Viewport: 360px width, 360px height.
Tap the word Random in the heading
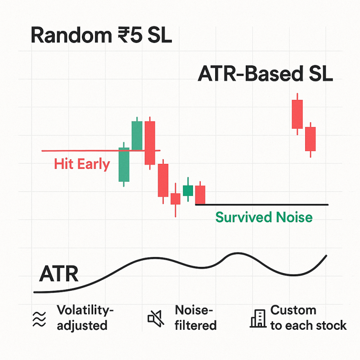(x=72, y=35)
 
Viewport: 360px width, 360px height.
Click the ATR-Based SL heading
(x=265, y=74)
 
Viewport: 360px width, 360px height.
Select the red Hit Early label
(x=82, y=164)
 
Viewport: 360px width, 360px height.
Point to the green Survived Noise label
(x=264, y=217)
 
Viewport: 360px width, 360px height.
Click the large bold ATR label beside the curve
(x=59, y=274)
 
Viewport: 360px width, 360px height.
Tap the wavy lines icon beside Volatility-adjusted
(x=39, y=319)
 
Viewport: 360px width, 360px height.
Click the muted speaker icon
(x=156, y=318)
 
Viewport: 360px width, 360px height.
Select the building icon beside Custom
(x=258, y=318)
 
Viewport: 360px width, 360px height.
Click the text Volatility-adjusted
(x=85, y=318)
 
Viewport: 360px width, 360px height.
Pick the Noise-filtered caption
(x=196, y=318)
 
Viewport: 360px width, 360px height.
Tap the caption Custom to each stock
(x=308, y=318)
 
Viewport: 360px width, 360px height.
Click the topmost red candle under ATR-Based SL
(x=297, y=114)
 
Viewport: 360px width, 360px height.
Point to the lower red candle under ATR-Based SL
(x=310, y=139)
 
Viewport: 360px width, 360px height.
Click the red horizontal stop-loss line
(x=101, y=151)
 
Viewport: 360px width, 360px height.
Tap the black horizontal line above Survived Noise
(x=262, y=205)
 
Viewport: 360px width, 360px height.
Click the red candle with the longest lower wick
(x=175, y=199)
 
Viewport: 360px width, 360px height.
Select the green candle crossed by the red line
(x=124, y=164)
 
